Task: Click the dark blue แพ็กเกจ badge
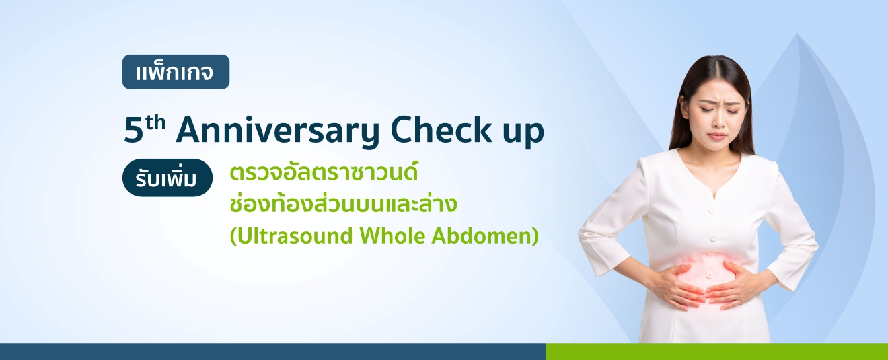click(x=176, y=72)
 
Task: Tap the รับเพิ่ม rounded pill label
click(x=168, y=178)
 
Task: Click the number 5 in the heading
click(x=133, y=130)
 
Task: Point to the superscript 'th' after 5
click(x=155, y=123)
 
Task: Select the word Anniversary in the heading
click(x=278, y=131)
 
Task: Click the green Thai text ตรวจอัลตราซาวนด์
click(x=324, y=172)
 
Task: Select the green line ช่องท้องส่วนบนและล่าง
click(x=343, y=203)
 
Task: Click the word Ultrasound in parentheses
click(x=295, y=236)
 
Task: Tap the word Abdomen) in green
click(x=485, y=236)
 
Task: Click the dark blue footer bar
click(x=272, y=352)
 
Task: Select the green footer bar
click(x=716, y=352)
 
